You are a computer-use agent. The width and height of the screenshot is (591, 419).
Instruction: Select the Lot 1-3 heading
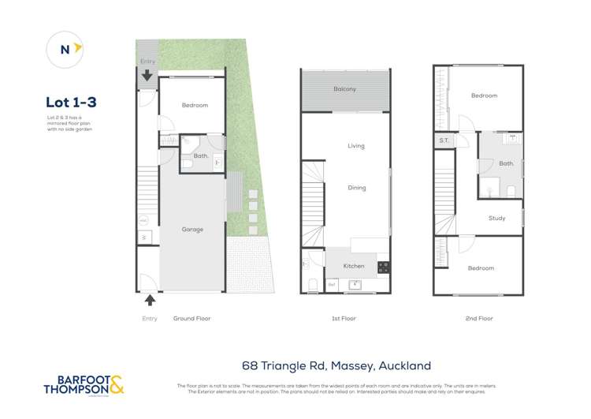[x=71, y=102]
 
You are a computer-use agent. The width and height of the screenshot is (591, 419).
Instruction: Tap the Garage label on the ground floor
[x=192, y=230]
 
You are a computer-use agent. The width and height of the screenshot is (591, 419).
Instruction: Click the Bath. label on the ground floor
[x=200, y=156]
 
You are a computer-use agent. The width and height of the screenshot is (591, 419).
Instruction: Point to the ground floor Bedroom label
[x=195, y=105]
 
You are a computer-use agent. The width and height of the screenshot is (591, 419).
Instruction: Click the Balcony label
[x=344, y=89]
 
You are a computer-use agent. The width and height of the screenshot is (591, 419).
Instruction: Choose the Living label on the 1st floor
[x=356, y=146]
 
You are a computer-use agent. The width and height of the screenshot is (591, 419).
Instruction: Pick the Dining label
[x=357, y=188]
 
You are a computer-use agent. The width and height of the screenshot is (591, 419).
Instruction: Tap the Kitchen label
[x=354, y=266]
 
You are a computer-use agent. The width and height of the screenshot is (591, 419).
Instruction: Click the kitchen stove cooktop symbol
[x=383, y=267]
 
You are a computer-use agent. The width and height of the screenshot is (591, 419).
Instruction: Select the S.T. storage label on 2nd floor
[x=444, y=141]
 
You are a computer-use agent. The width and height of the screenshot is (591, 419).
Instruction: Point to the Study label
[x=496, y=219]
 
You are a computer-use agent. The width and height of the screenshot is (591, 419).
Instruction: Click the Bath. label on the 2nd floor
[x=506, y=164]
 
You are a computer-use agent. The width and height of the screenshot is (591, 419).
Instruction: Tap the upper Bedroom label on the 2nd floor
[x=484, y=96]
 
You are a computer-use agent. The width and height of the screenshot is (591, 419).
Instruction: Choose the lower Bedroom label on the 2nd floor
[x=481, y=268]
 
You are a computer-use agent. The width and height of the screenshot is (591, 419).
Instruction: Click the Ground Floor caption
[x=191, y=319]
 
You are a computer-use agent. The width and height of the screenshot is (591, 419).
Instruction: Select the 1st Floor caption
[x=344, y=319]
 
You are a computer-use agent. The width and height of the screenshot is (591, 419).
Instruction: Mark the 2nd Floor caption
[x=479, y=319]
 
